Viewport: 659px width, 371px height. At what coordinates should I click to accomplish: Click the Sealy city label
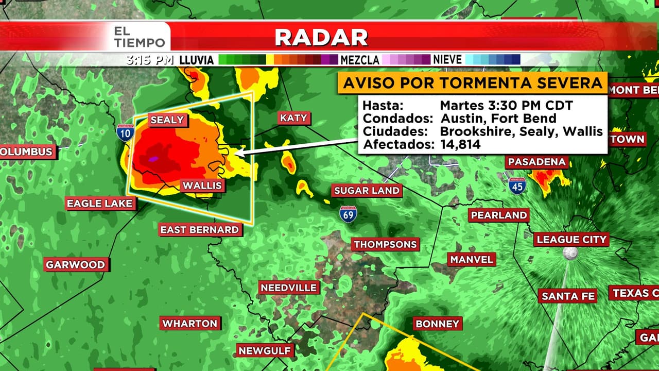[x=167, y=120]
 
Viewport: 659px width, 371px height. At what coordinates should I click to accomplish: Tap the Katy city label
[x=293, y=118]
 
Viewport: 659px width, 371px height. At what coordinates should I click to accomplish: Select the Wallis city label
[x=202, y=185]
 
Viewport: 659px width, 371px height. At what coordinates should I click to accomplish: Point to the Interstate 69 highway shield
[x=349, y=213]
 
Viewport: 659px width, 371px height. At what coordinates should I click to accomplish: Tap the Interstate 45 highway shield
[x=517, y=185]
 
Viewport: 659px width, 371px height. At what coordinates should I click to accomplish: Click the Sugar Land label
[x=367, y=191]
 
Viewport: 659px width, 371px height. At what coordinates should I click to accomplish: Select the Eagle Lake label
[x=100, y=204]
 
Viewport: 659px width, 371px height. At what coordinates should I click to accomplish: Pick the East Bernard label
[x=199, y=230]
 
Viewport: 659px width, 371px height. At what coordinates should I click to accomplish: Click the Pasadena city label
[x=537, y=162]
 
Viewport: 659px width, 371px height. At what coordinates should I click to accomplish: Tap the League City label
[x=571, y=240]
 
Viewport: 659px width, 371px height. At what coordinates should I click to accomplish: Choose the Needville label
[x=288, y=288]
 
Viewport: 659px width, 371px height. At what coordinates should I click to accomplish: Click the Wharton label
[x=190, y=324]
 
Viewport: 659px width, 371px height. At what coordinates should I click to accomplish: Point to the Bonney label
[x=437, y=324]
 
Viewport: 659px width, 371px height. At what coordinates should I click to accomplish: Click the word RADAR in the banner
[x=321, y=37]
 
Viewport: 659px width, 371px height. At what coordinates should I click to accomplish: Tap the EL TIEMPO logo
[x=140, y=37]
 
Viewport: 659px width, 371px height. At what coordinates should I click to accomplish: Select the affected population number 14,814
[x=460, y=145]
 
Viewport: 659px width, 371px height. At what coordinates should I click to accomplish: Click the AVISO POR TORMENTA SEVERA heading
[x=473, y=83]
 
